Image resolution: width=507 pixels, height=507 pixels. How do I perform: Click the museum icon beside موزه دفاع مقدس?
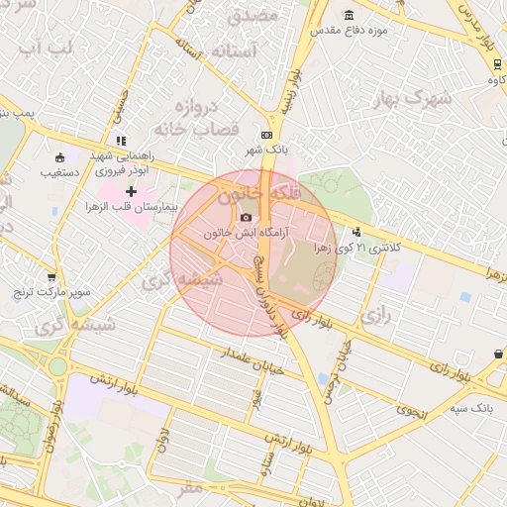[349, 15]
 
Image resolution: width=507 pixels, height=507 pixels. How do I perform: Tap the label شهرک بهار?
[414, 98]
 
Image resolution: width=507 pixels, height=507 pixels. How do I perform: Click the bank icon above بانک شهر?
[266, 135]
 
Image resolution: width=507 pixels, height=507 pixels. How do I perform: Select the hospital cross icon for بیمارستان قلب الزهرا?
[131, 190]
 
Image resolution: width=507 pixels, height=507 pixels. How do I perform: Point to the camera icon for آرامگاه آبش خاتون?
[247, 218]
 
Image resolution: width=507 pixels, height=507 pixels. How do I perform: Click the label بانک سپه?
[468, 407]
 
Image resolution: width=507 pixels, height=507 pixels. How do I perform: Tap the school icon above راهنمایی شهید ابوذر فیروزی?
[121, 140]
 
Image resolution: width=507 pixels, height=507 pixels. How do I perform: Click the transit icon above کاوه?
[494, 64]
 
